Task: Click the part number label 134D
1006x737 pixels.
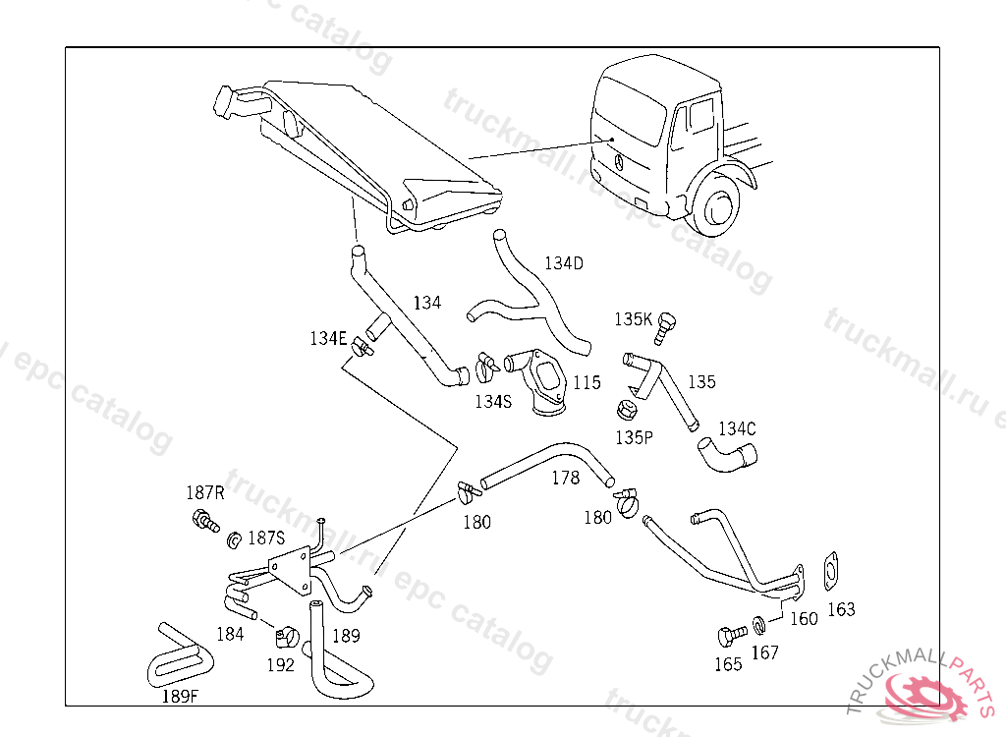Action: [x=564, y=263]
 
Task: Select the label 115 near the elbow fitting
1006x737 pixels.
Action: [x=587, y=382]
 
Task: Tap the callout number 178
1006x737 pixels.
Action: [x=565, y=479]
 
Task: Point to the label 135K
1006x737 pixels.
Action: [x=633, y=319]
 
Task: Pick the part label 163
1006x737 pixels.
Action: [x=841, y=609]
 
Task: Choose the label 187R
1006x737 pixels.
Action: [x=205, y=492]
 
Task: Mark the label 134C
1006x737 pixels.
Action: [x=737, y=428]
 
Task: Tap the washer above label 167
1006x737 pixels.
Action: [x=761, y=625]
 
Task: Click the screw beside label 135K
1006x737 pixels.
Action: [x=665, y=326]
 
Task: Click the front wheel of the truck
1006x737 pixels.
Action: [x=721, y=206]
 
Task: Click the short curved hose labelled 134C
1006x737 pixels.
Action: [x=726, y=453]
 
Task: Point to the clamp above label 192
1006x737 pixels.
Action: [x=286, y=636]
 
